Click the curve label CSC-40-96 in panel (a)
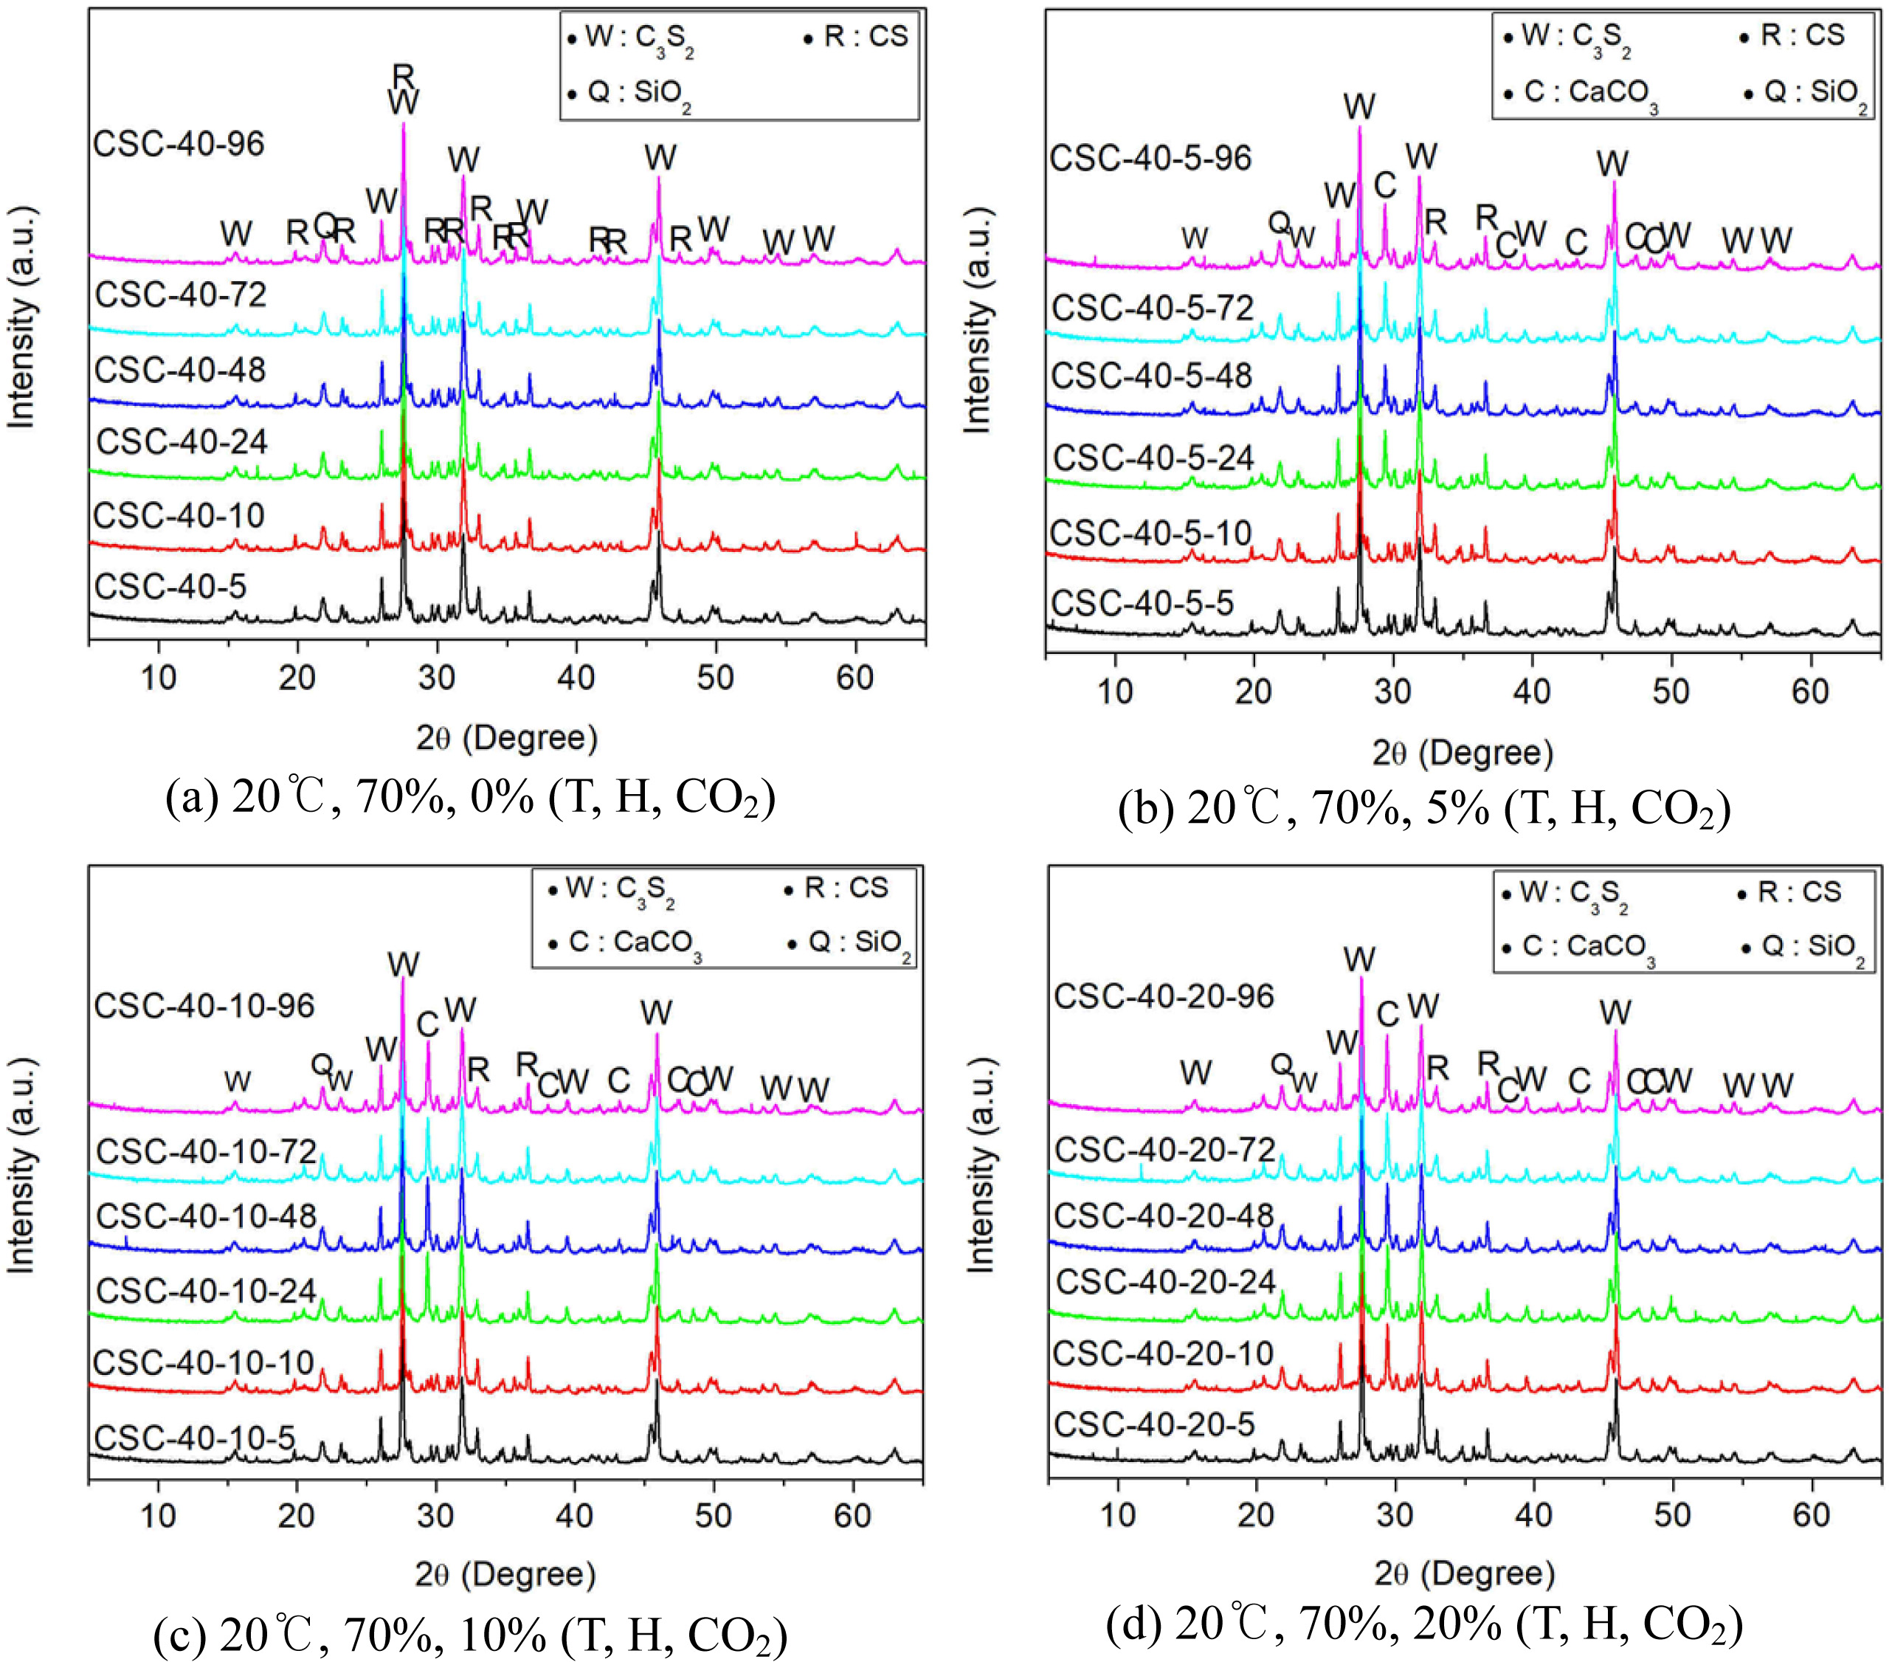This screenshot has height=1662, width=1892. click(x=179, y=145)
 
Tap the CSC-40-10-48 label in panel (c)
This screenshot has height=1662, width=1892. click(x=207, y=1216)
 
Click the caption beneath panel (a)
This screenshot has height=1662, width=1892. click(x=470, y=797)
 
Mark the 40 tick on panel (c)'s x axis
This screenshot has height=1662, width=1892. click(x=575, y=1515)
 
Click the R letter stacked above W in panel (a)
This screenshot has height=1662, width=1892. click(x=404, y=74)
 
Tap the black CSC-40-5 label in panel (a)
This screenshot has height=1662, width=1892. click(x=170, y=587)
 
